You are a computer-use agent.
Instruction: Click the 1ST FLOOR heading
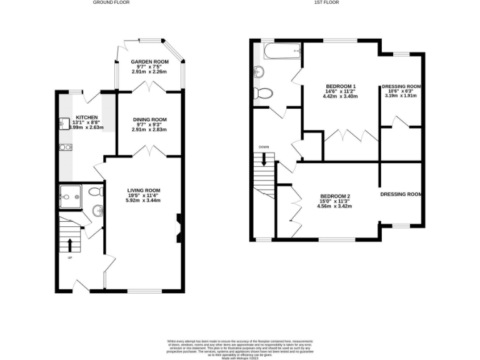coord(327,2)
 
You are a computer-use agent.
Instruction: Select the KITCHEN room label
coord(86,117)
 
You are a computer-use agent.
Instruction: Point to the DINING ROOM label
coord(149,119)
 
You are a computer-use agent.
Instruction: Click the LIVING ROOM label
coord(144,190)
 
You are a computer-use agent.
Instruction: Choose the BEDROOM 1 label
coord(341,86)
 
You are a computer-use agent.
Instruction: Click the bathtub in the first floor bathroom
coord(282,51)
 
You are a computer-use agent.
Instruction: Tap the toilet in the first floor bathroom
coord(264,94)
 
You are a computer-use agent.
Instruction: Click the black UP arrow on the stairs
coord(69,243)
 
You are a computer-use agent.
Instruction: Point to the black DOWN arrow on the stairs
coord(264,158)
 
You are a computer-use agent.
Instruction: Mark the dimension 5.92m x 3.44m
coord(144,200)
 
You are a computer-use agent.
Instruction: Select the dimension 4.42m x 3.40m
coord(341,97)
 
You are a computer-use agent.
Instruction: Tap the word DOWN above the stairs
coord(264,147)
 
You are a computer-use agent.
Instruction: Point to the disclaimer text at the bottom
coord(239,347)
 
